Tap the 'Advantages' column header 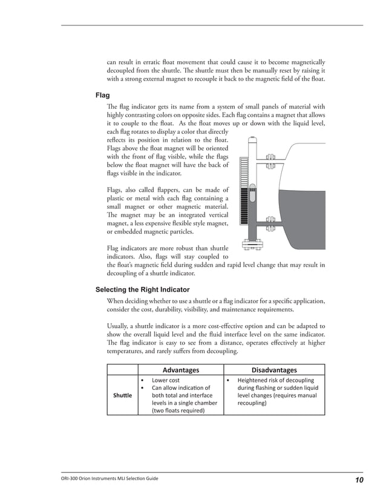(181, 370)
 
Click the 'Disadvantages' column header (274, 370)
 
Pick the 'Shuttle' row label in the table (122, 395)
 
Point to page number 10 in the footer (359, 480)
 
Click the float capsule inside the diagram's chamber (252, 196)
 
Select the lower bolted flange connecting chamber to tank (270, 223)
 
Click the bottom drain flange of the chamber (252, 246)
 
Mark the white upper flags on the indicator (244, 173)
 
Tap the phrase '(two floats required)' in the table (178, 410)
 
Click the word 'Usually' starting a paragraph (117, 325)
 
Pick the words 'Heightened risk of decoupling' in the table (275, 381)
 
